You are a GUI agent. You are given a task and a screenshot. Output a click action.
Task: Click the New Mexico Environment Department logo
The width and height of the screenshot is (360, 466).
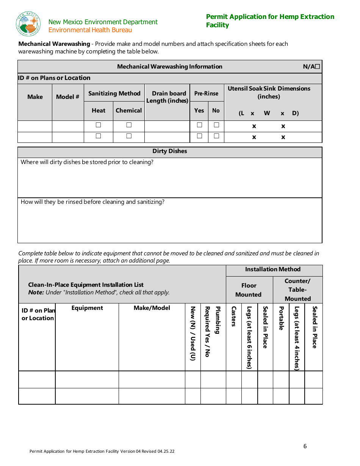click(28, 24)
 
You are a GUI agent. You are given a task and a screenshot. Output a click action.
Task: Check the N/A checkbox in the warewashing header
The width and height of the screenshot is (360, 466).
click(317, 67)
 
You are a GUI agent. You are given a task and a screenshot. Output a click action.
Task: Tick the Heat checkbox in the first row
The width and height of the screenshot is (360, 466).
click(99, 125)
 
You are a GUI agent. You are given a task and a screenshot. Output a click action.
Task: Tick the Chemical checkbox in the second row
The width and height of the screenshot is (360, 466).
click(129, 136)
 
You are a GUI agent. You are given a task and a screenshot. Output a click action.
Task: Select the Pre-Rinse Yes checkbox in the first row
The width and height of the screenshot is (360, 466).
click(199, 125)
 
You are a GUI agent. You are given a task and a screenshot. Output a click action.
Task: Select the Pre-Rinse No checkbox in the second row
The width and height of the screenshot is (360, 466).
click(216, 136)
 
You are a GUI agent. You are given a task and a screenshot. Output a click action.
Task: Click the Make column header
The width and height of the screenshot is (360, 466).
click(35, 97)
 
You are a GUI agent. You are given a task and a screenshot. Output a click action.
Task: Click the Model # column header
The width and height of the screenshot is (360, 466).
click(68, 97)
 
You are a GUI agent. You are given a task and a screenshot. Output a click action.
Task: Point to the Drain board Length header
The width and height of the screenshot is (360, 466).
click(167, 97)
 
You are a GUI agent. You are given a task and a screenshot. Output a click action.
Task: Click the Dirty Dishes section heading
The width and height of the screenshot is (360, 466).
click(170, 151)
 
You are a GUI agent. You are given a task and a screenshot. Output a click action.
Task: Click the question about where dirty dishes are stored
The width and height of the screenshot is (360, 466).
click(87, 162)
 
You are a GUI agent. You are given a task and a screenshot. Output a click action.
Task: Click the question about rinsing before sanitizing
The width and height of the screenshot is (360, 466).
click(92, 202)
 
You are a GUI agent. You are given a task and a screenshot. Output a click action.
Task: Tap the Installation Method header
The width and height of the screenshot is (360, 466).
click(273, 269)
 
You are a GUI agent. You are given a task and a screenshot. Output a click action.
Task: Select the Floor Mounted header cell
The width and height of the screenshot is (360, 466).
click(249, 290)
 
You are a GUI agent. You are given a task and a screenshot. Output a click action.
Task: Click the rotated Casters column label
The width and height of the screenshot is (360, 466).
click(233, 316)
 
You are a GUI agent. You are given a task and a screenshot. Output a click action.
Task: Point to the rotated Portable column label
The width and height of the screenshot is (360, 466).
click(281, 318)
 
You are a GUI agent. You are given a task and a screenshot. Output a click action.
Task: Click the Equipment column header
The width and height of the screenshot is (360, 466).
click(87, 308)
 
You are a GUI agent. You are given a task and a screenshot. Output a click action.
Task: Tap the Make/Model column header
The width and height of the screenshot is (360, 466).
click(152, 308)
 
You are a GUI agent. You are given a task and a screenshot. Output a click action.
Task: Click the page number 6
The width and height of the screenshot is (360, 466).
click(305, 446)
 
